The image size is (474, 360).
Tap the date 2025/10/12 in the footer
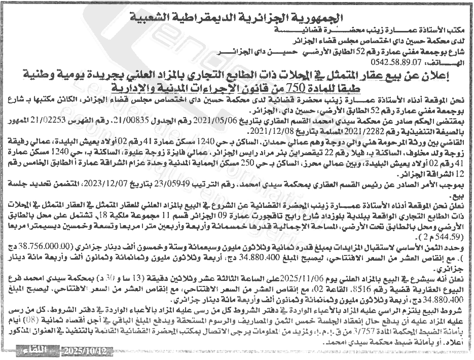tap(84, 351)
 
